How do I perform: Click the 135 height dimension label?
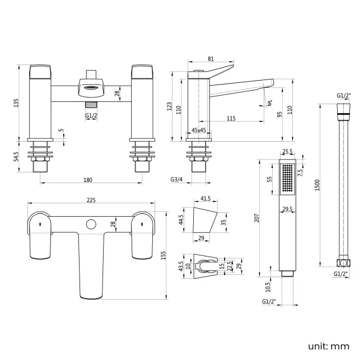(16, 102)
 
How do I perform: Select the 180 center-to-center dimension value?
(87, 180)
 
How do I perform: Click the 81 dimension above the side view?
(210, 58)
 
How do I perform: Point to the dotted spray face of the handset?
(287, 179)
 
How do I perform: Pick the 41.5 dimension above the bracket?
(205, 199)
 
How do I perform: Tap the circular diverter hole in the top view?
(90, 225)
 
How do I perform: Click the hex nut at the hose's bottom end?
(342, 263)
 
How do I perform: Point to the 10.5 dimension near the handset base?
(268, 287)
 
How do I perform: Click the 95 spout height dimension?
(279, 115)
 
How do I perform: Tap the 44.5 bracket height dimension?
(181, 218)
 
